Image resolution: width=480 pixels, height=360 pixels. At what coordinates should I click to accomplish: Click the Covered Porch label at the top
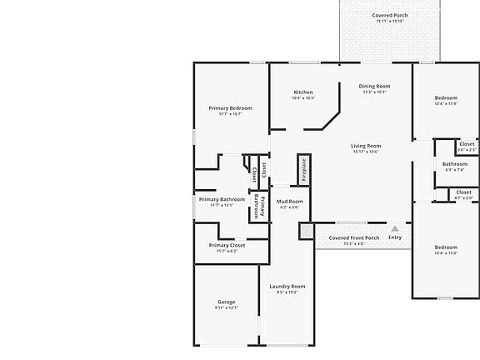click(388, 16)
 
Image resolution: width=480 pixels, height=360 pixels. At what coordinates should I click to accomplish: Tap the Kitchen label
click(303, 92)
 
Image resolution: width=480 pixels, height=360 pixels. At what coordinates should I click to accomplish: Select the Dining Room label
click(373, 87)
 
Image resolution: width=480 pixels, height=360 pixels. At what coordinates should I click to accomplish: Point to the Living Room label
click(365, 146)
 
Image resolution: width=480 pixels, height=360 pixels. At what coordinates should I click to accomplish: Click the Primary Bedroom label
click(230, 108)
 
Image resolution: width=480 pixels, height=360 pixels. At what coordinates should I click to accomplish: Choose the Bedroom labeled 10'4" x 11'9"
click(446, 98)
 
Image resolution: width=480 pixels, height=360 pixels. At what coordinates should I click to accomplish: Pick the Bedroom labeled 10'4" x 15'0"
click(446, 247)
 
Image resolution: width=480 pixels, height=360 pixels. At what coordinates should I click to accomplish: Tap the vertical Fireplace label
click(303, 169)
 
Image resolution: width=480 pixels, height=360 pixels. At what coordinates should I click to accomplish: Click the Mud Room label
click(289, 202)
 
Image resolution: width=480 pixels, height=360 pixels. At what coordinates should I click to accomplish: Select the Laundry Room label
click(287, 287)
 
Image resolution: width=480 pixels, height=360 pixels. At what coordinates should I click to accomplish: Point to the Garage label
click(226, 302)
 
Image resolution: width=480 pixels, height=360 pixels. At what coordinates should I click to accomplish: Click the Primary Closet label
click(227, 246)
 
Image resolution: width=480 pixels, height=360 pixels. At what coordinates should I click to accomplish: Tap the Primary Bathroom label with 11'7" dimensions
click(222, 200)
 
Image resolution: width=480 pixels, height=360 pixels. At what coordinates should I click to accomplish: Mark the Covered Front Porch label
click(353, 237)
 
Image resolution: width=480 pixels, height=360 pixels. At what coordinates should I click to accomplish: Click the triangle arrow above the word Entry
click(395, 227)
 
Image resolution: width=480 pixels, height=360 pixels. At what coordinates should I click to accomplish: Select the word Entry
click(395, 237)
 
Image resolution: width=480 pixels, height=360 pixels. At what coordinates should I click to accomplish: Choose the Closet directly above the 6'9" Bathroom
click(467, 144)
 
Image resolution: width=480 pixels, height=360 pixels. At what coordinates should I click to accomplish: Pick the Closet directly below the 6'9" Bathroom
click(464, 192)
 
